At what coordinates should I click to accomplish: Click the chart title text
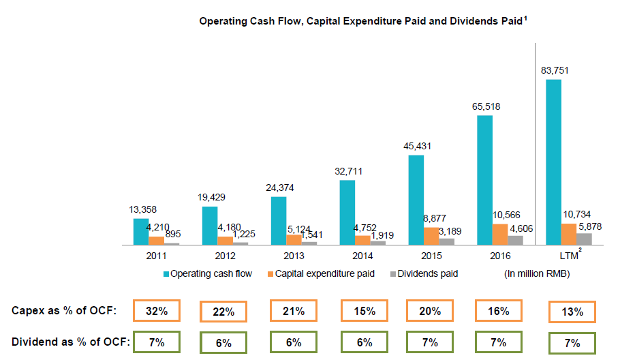(x=361, y=21)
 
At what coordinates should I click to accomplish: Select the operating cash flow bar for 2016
(x=484, y=179)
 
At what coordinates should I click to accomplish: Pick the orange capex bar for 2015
(x=431, y=235)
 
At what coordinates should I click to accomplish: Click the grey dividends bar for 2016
(x=516, y=239)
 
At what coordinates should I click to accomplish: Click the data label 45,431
(x=417, y=146)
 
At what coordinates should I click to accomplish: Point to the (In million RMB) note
(x=536, y=274)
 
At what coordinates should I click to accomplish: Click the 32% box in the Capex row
(x=157, y=311)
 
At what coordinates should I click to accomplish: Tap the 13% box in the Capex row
(x=572, y=312)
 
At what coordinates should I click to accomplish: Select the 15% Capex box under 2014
(x=365, y=311)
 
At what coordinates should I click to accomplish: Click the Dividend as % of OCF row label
(x=65, y=342)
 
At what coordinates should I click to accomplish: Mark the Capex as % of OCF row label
(x=65, y=311)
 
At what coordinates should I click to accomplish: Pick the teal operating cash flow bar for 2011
(x=140, y=231)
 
